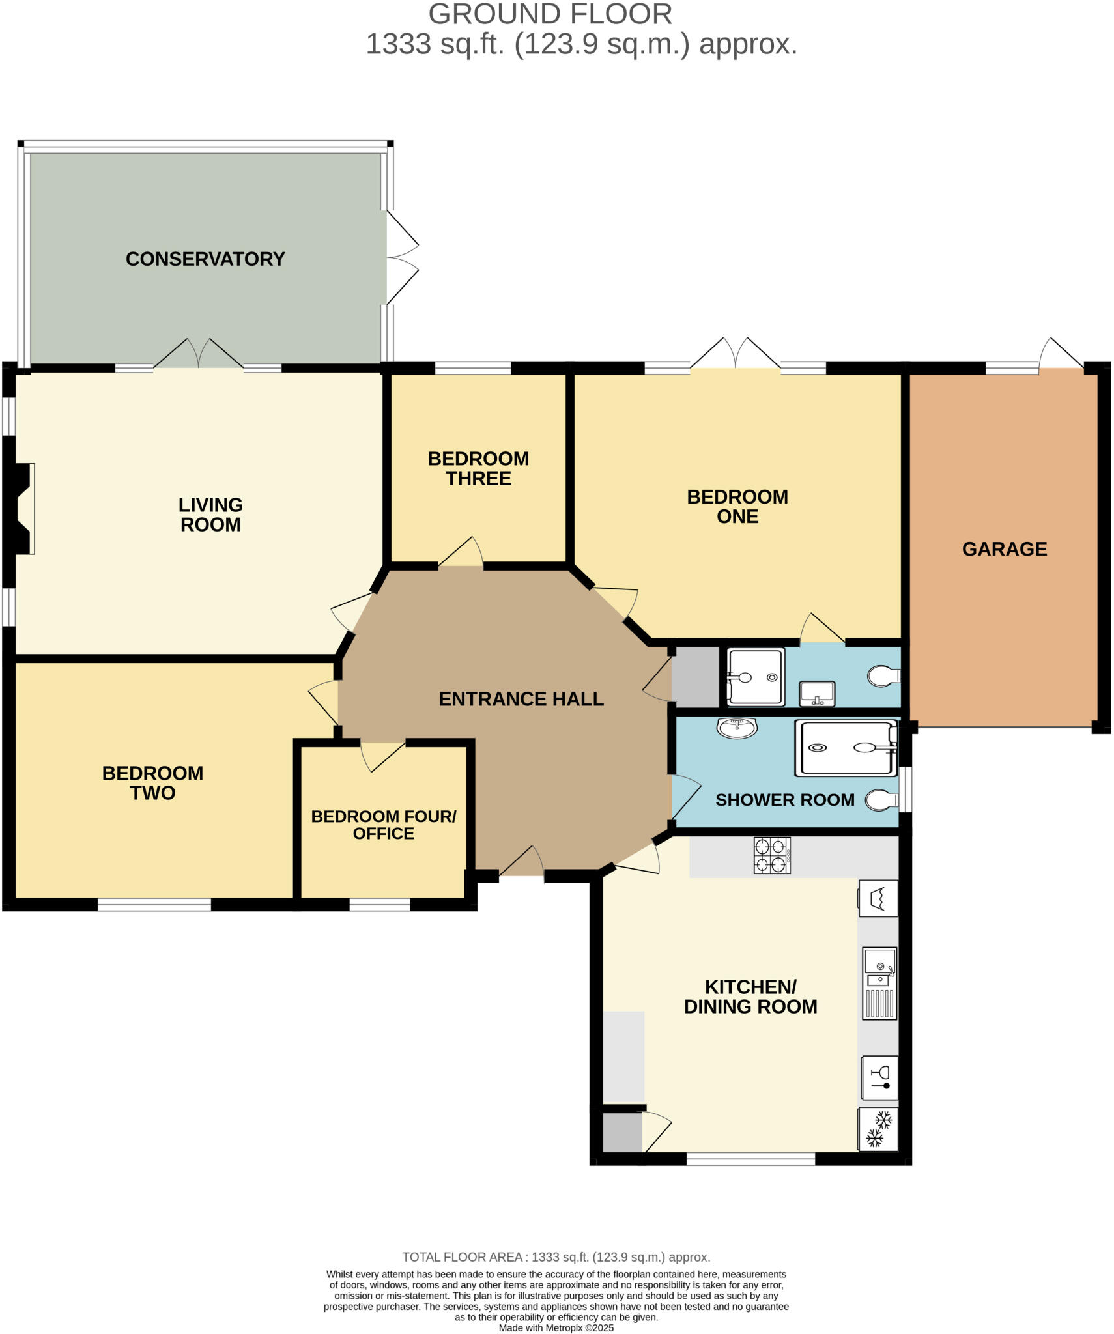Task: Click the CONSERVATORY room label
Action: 205,259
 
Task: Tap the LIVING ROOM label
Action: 210,515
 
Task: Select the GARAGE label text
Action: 1004,549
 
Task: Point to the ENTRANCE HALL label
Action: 521,699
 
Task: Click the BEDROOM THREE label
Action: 478,468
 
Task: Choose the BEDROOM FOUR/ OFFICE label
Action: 383,825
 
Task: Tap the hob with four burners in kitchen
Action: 771,855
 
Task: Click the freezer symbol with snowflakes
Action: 878,1129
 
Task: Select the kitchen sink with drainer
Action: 879,984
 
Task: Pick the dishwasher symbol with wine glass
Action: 879,1077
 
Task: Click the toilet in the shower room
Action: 881,801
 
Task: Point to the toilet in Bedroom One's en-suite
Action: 883,676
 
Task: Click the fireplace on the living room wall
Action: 23,509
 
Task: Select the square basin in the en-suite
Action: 816,694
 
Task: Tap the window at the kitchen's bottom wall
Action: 750,1159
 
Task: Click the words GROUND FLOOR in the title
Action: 550,14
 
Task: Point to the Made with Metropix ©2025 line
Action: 556,1327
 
